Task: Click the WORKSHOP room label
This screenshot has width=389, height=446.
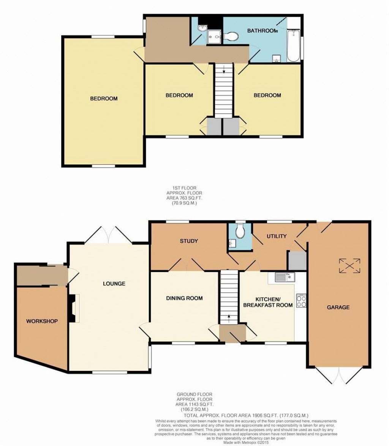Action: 42,321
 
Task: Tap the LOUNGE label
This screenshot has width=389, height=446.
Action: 114,284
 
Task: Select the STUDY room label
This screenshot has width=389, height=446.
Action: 187,241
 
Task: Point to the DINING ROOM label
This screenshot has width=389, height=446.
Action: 184,298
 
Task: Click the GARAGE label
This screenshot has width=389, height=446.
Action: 338,307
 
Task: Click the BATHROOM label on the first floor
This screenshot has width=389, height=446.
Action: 262,31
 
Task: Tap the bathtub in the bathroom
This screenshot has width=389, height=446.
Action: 293,47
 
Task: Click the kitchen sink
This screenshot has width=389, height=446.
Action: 285,277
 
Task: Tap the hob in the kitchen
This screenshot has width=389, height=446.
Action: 301,301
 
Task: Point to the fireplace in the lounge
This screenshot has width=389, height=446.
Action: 73,308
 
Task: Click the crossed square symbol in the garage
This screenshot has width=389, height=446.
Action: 349,265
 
